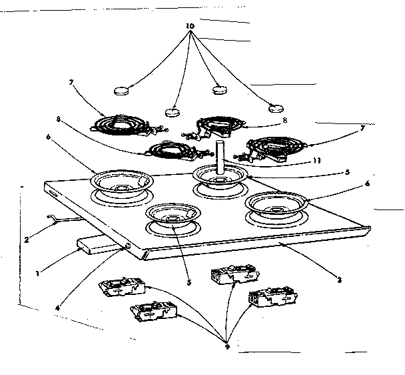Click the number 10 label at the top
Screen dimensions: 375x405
pyautogui.click(x=191, y=26)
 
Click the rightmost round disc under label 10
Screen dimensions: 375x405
pyautogui.click(x=275, y=108)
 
